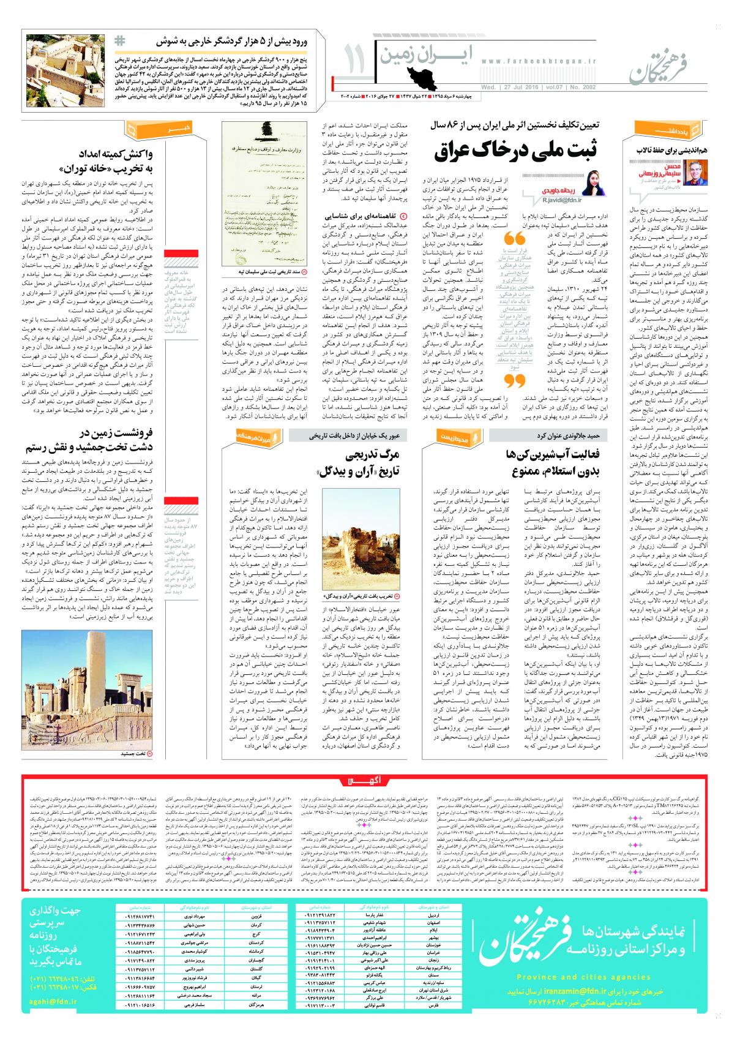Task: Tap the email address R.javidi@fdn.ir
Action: (x=561, y=200)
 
